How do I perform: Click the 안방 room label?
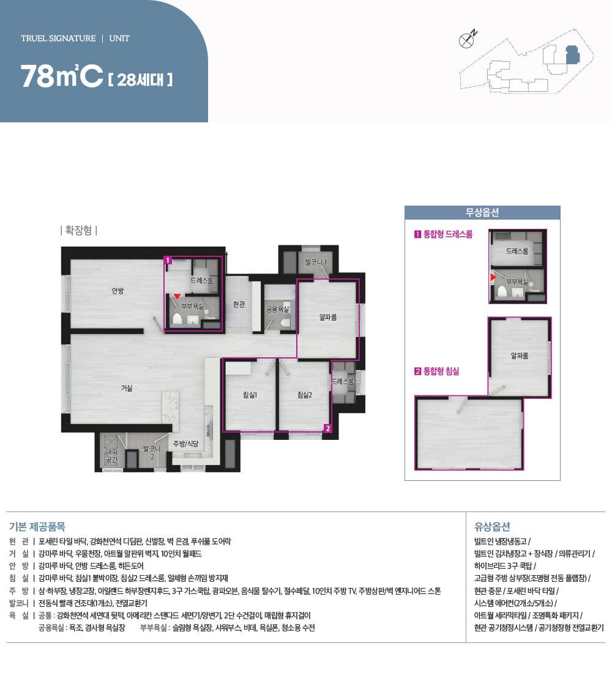coord(118,291)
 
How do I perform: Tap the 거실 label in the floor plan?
coord(126,388)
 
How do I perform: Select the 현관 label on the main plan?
coord(239,304)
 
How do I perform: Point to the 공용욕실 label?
coord(277,309)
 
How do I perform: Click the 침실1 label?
coord(250,395)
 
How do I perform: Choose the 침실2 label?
coord(305,395)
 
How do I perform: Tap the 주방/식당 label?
coord(185,444)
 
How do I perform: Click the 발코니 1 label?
coord(316,262)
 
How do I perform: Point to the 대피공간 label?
coord(111,455)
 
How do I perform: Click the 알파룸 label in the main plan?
coord(327,317)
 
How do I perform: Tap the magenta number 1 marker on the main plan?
coord(168,260)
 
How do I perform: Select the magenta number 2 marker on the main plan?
coord(327,428)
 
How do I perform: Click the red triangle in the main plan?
coord(177,296)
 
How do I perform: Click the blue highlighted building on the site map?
coord(572,54)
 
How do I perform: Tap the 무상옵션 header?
coord(482,212)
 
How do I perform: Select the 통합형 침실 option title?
coord(436,371)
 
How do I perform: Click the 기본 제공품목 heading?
coord(37,527)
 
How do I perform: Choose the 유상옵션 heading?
coord(492,527)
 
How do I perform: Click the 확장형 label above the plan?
coord(78,231)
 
